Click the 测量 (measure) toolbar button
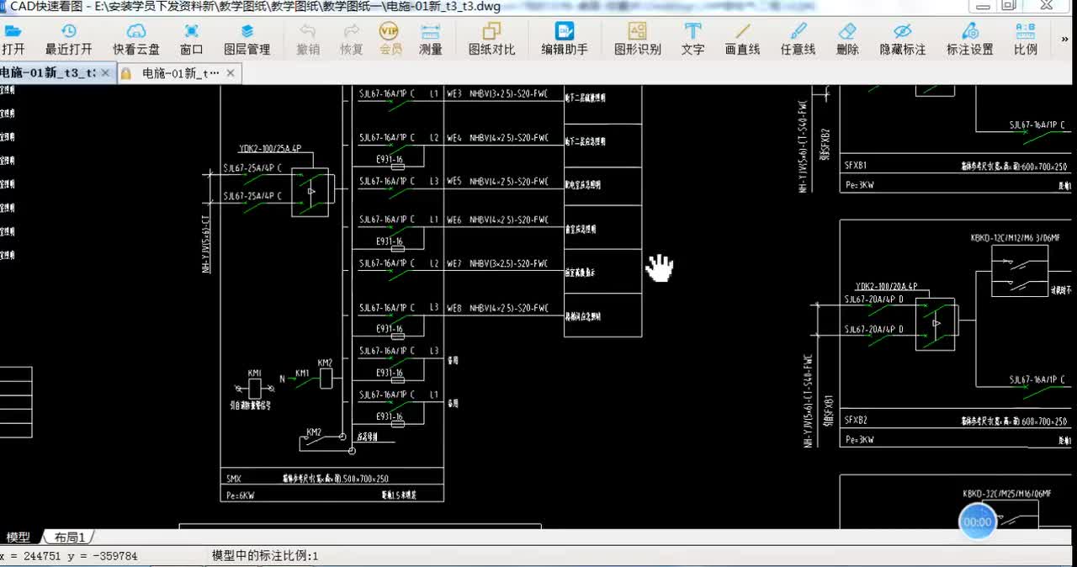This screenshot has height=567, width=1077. [x=431, y=39]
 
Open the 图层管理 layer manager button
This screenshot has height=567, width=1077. [x=247, y=39]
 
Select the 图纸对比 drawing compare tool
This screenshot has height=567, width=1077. [x=491, y=39]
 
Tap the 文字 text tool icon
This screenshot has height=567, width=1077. [x=692, y=39]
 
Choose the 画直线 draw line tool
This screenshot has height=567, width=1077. [x=742, y=39]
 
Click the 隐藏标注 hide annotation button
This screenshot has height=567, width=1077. [x=902, y=39]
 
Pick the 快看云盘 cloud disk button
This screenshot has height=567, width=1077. [x=136, y=39]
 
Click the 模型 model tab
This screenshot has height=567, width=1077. [x=19, y=537]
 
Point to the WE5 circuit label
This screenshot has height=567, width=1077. [x=454, y=181]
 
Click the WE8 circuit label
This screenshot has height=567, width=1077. [x=454, y=309]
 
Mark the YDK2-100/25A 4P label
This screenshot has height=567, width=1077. [x=270, y=148]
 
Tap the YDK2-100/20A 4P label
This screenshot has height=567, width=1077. [x=886, y=286]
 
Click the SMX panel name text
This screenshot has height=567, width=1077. [x=233, y=479]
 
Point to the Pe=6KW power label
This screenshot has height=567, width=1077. [x=240, y=495]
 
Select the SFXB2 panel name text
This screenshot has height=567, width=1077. [x=856, y=420]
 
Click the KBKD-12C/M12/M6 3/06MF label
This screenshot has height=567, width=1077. [x=1009, y=238]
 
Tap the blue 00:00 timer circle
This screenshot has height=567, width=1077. [x=977, y=522]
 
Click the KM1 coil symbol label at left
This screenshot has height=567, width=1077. [x=255, y=373]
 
